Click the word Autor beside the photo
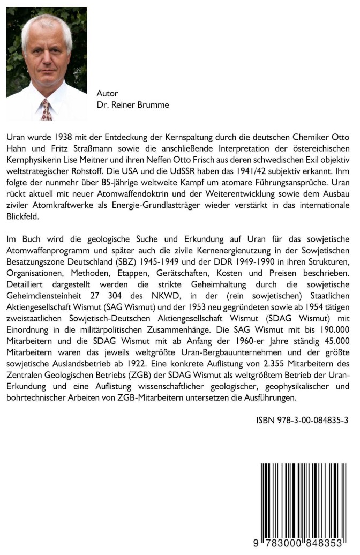[x=107, y=93]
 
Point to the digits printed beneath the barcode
[x=300, y=544]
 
